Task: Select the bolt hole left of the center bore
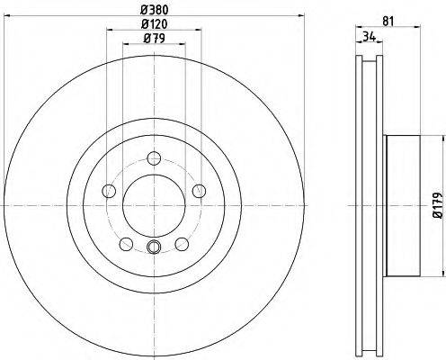(x=109, y=190)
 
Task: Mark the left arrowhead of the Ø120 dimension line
(x=111, y=33)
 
